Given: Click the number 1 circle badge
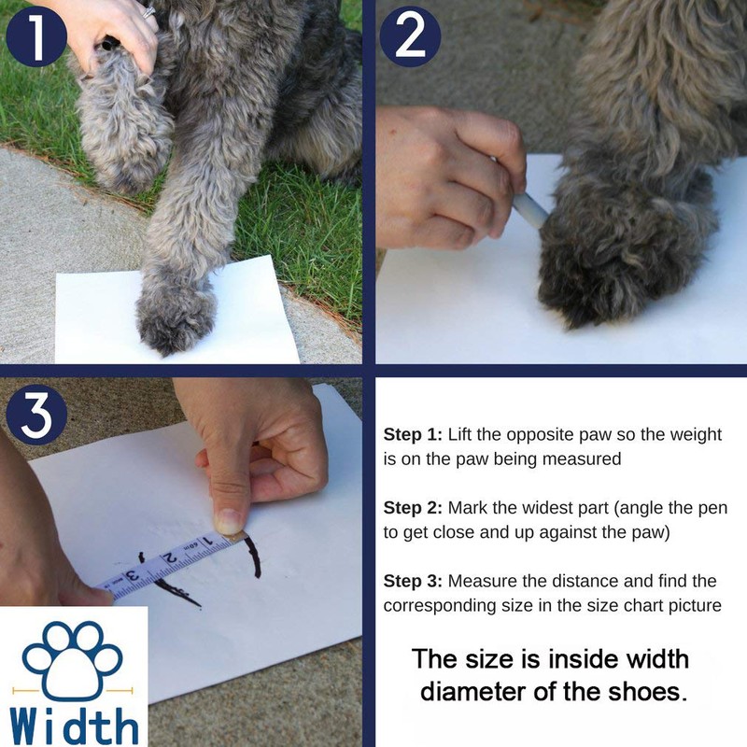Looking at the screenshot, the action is point(36,36).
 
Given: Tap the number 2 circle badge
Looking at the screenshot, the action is point(411,36).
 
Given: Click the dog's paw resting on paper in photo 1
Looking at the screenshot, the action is point(176,318).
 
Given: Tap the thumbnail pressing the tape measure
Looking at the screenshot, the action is point(229,521).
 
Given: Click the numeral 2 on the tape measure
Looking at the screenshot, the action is point(169,558).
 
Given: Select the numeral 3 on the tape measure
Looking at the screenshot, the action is point(134,574).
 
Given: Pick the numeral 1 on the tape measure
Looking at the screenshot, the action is point(207,541).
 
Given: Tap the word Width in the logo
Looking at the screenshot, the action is point(74,726).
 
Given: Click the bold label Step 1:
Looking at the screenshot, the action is point(413,434).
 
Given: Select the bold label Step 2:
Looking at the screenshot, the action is point(413,508).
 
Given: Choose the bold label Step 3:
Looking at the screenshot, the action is point(413,581).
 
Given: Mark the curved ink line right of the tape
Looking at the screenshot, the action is point(255,553).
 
